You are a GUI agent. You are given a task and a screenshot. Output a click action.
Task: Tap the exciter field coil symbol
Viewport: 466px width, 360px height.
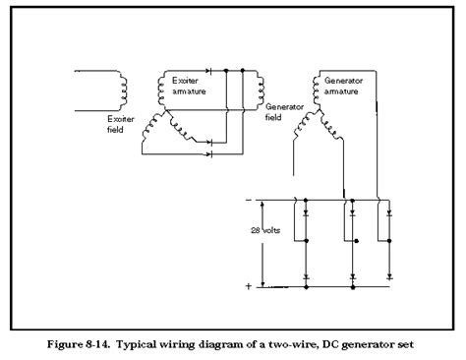tap(122, 88)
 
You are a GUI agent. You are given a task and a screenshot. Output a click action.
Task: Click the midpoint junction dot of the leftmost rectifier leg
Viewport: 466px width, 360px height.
tap(307, 240)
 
